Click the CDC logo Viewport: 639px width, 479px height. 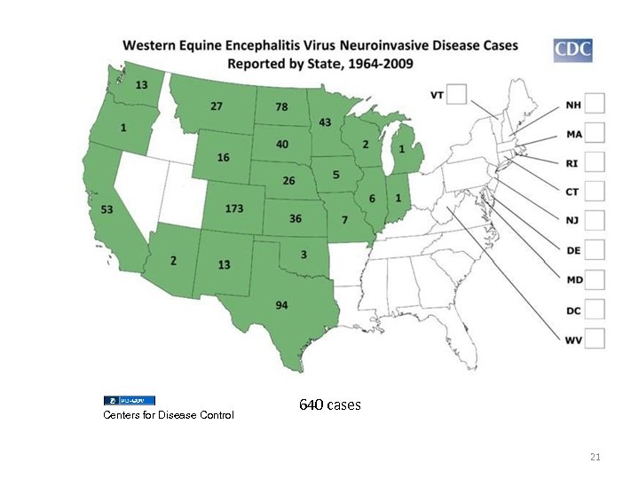click(x=572, y=51)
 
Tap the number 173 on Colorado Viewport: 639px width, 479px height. click(x=234, y=208)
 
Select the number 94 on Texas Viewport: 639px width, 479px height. click(x=280, y=305)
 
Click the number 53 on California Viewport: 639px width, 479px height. click(x=106, y=209)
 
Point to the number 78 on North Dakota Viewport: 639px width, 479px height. click(x=280, y=107)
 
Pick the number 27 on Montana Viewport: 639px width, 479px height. click(x=216, y=106)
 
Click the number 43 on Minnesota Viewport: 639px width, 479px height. click(x=325, y=122)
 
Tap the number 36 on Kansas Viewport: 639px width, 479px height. click(x=295, y=218)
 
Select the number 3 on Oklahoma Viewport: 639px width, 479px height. click(x=304, y=255)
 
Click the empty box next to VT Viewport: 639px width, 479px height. click(x=458, y=94)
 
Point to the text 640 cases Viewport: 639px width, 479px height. click(x=330, y=404)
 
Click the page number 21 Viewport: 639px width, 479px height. click(x=596, y=457)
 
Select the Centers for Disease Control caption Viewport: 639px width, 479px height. click(x=169, y=415)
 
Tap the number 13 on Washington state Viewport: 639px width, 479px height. click(x=141, y=85)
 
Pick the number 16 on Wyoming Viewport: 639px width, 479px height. click(x=223, y=157)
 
